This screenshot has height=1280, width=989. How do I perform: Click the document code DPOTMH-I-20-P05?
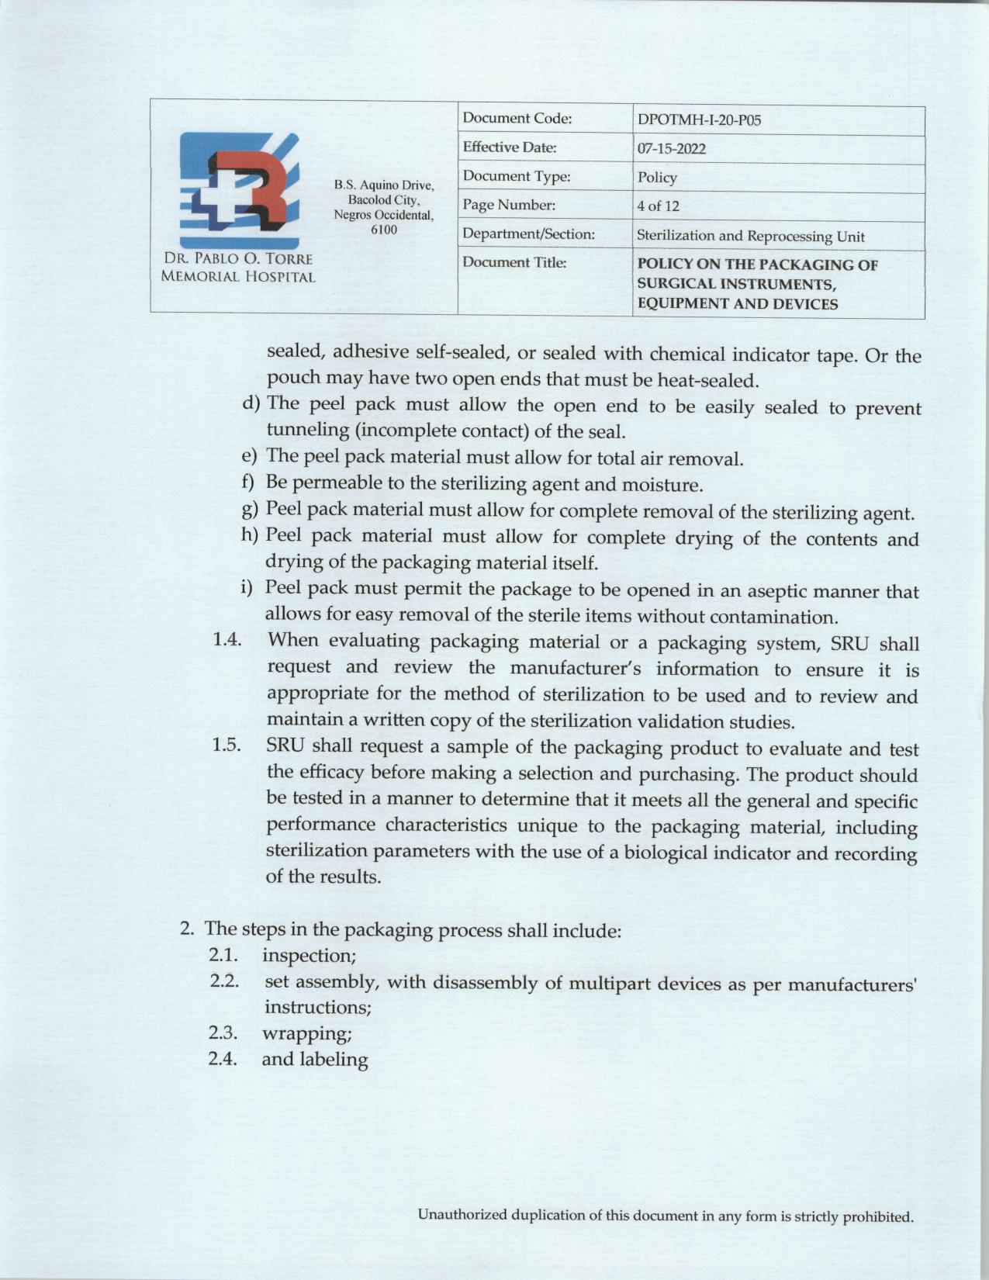(698, 120)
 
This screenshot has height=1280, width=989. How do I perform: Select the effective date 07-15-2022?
(671, 149)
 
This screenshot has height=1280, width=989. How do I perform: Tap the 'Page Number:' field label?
(509, 206)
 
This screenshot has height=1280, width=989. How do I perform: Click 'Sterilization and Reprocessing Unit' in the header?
(750, 236)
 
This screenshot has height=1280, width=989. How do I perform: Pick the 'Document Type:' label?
(516, 177)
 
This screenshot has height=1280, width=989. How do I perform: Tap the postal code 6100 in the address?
(383, 230)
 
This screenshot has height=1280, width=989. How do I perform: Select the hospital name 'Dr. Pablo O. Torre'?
(238, 259)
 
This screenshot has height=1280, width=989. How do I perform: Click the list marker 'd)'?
(251, 403)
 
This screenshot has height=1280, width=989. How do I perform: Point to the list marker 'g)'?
(250, 510)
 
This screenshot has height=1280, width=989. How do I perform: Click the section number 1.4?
(227, 640)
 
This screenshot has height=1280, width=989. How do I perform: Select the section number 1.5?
(227, 746)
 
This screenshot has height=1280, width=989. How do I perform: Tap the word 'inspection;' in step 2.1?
(309, 955)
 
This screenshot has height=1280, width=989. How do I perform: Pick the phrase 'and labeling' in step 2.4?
(314, 1060)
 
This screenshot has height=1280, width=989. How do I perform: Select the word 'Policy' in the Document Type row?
(657, 178)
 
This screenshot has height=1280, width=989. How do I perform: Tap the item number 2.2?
(223, 981)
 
